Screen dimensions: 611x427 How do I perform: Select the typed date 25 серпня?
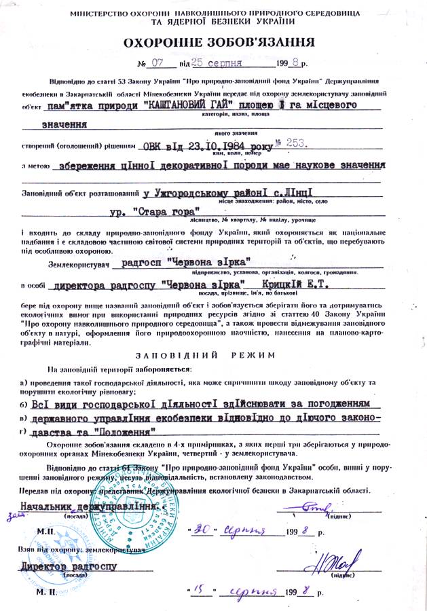pos(217,64)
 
